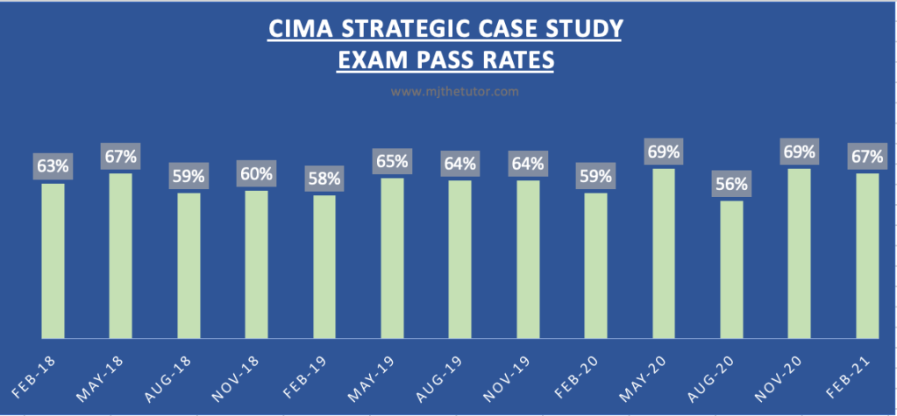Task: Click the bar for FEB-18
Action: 53,260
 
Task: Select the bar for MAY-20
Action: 664,253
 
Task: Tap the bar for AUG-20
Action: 731,269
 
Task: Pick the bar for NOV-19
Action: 528,259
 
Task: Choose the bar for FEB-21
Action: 867,255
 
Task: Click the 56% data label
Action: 731,185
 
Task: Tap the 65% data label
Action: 392,161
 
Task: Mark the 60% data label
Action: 256,174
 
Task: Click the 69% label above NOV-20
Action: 800,152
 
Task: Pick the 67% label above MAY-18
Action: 120,157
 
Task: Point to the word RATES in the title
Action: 518,61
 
